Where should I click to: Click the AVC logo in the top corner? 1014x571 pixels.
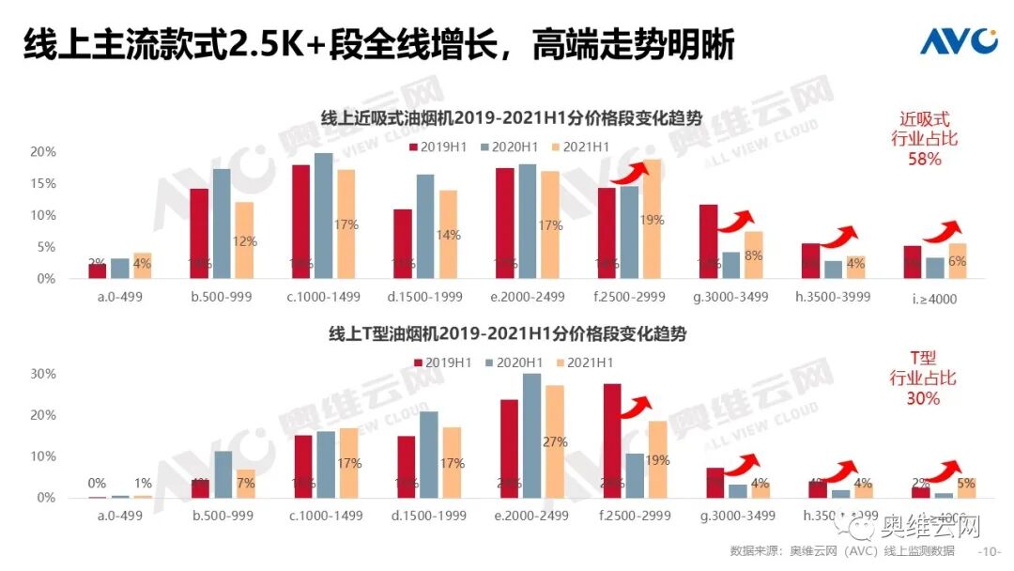point(957,41)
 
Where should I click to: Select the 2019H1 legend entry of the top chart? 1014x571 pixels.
point(438,147)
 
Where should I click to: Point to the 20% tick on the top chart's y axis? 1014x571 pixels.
point(43,152)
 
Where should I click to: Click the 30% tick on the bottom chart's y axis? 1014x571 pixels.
point(43,374)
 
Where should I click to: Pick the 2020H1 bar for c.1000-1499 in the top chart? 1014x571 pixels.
point(323,216)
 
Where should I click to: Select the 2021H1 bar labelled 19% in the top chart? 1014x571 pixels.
point(652,220)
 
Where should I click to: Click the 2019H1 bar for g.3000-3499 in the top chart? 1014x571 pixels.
point(709,241)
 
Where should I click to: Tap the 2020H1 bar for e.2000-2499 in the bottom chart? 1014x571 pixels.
point(531,436)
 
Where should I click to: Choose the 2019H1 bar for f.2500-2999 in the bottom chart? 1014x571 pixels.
point(612,440)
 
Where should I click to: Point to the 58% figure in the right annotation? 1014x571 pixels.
point(924,160)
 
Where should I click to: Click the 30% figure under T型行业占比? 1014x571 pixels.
point(923,398)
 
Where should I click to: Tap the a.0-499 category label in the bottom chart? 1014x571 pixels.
point(119,517)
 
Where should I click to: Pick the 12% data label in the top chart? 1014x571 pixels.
point(245,241)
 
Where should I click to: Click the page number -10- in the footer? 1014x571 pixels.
point(990,551)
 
